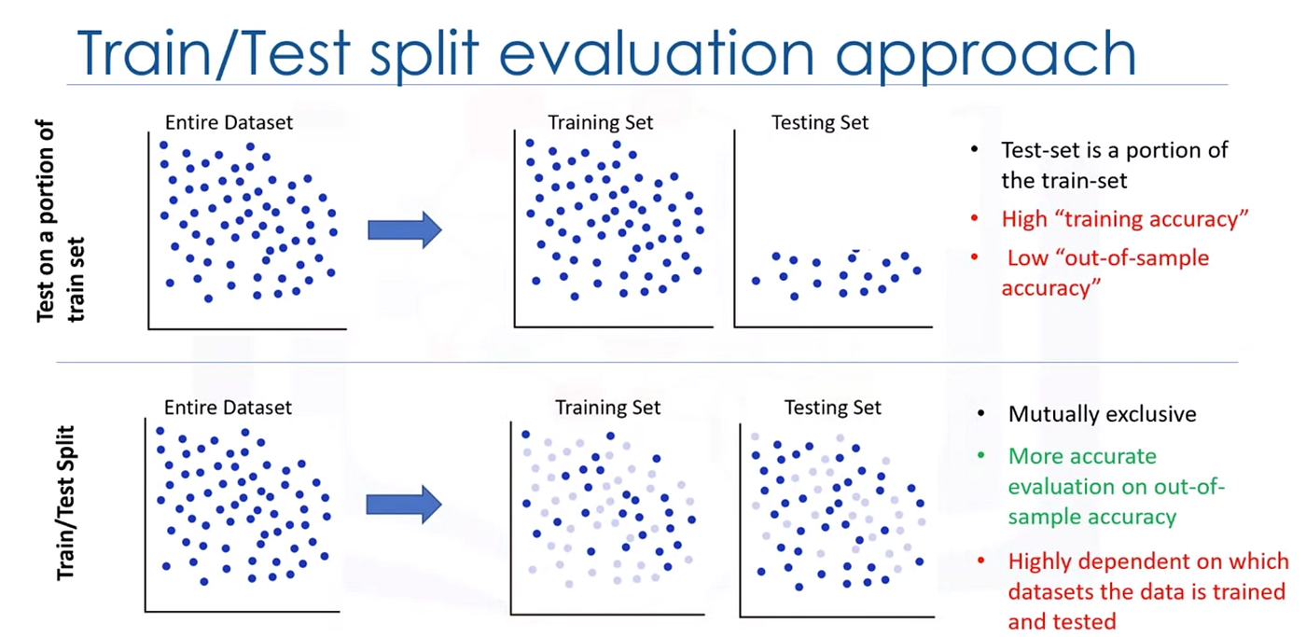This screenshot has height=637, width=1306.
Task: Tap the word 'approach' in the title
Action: click(x=985, y=58)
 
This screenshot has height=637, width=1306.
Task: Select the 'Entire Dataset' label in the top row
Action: click(x=229, y=122)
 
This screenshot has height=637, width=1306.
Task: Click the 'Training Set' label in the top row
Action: click(x=601, y=122)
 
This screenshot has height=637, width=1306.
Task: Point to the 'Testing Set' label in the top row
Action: click(x=820, y=122)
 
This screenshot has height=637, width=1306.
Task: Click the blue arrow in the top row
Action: click(x=405, y=229)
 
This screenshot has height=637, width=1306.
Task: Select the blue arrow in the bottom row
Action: click(x=403, y=505)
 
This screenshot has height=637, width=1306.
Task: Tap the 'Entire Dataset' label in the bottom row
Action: click(x=228, y=408)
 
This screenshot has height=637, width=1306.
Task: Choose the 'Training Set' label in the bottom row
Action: click(x=607, y=408)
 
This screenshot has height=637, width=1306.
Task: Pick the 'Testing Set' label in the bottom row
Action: click(x=832, y=408)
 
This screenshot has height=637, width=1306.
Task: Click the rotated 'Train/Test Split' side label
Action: click(x=65, y=503)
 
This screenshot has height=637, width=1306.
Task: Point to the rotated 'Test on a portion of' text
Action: click(x=45, y=221)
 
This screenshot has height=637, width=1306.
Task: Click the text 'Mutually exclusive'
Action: click(x=1102, y=414)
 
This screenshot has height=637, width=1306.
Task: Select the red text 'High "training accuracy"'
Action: click(x=1125, y=219)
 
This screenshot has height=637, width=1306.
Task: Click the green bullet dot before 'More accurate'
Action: click(x=981, y=455)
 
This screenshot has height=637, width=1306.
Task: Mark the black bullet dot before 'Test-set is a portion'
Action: click(x=974, y=149)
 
